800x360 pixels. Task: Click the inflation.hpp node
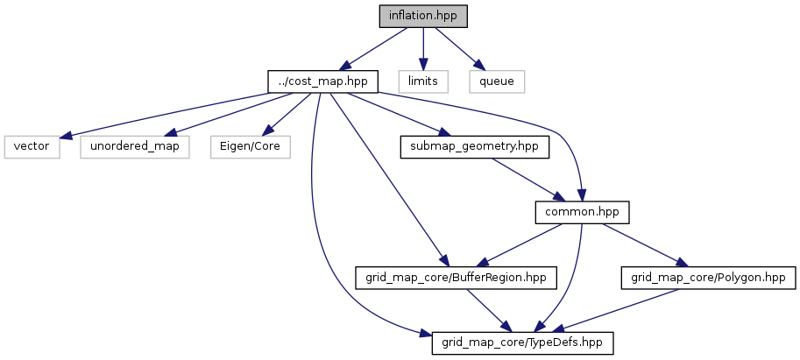(423, 16)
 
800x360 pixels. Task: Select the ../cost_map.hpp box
(323, 81)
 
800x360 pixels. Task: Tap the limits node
(423, 81)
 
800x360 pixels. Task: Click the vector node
(32, 146)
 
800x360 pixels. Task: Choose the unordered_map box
(136, 146)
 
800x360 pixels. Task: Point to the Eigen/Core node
(249, 146)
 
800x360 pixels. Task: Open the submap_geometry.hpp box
(474, 146)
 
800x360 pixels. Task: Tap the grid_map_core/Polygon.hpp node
(708, 278)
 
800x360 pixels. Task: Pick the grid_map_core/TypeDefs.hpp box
(522, 342)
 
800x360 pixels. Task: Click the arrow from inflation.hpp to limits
(423, 48)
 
